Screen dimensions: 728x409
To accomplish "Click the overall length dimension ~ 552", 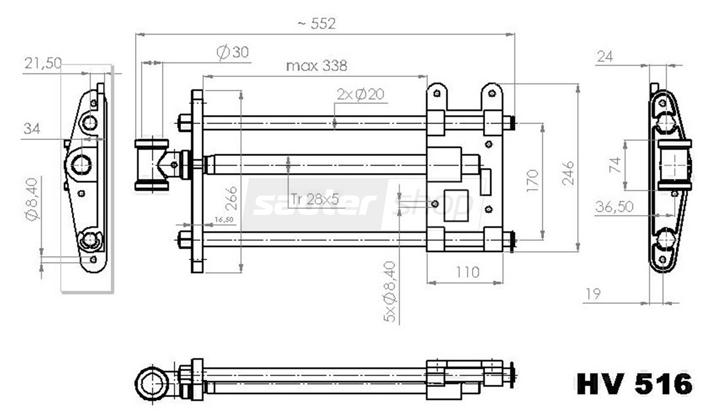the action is (317, 24).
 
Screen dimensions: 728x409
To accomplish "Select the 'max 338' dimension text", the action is (317, 66).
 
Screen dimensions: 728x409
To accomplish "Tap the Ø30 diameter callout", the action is (233, 52).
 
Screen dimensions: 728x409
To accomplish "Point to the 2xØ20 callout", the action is (361, 94).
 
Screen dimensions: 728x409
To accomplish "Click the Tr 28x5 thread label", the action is (315, 199).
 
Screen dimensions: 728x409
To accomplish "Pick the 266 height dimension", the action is (231, 198).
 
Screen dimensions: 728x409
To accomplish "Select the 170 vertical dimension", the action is (532, 181).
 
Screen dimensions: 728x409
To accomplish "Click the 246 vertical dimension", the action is (568, 173).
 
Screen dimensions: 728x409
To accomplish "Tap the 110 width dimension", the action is (468, 272).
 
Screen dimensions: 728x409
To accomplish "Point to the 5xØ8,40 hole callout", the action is (389, 292).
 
